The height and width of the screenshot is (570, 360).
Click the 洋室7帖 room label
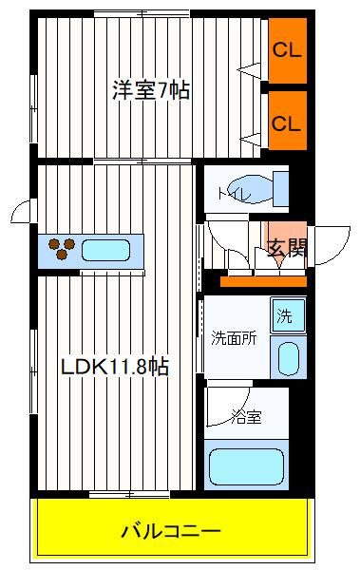[151, 90]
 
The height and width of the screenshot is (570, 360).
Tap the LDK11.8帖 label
[115, 367]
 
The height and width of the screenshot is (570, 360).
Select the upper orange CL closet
[287, 50]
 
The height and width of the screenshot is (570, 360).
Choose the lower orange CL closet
[287, 121]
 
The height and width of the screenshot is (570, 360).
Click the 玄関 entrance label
[287, 248]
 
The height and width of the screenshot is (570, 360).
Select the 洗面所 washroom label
[235, 338]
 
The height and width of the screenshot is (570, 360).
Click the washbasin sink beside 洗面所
[289, 358]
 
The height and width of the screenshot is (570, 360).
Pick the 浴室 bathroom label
[247, 417]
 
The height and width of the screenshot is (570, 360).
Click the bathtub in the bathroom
[247, 466]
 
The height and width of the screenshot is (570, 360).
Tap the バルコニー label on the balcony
[171, 532]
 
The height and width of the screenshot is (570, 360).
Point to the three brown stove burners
[62, 248]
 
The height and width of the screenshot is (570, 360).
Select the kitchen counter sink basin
[105, 250]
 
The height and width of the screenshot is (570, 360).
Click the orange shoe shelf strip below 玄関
[263, 281]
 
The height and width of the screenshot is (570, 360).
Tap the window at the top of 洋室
[142, 14]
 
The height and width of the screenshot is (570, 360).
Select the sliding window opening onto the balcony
[129, 494]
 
